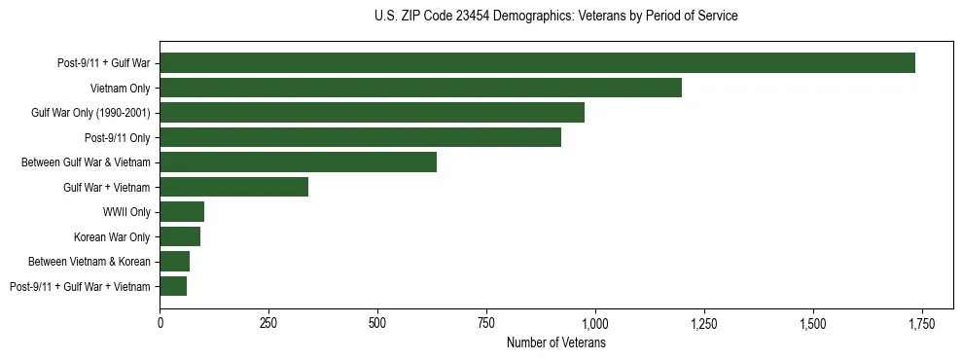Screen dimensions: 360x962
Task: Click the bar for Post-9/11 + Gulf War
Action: [x=537, y=63]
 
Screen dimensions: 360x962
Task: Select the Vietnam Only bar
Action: [x=420, y=89]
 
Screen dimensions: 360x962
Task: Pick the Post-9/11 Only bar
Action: [x=360, y=137]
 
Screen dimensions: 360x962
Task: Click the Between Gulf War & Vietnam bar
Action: [x=298, y=162]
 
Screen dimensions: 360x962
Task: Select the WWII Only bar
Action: [x=182, y=212]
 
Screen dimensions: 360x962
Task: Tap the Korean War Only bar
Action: [x=180, y=236]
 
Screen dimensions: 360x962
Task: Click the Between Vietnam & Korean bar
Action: [x=174, y=261]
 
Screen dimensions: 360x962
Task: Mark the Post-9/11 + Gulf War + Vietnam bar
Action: [x=173, y=286]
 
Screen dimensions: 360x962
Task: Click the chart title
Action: [x=555, y=17]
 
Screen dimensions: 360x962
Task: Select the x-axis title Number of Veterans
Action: [x=555, y=342]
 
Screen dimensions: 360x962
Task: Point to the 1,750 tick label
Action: [x=921, y=323]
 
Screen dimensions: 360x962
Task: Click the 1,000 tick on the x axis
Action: [x=594, y=323]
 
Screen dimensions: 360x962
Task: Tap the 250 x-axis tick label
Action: [x=268, y=323]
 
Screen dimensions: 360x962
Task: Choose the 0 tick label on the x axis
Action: [x=160, y=323]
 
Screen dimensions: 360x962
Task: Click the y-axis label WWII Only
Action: [x=126, y=212]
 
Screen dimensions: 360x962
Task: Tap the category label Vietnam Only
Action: [x=120, y=89]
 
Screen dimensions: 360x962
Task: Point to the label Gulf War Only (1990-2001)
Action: [x=89, y=113]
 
